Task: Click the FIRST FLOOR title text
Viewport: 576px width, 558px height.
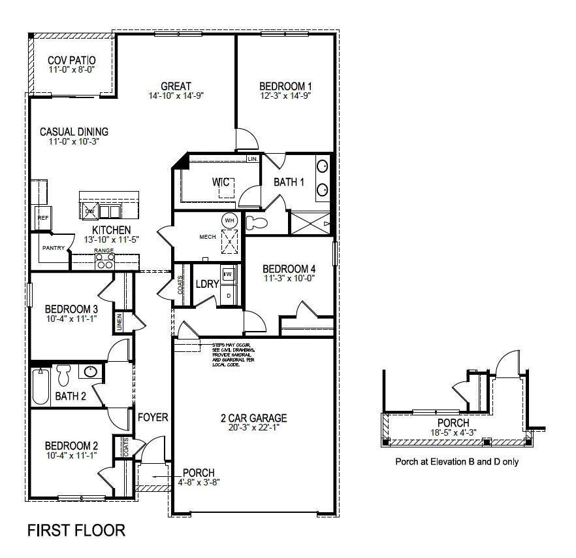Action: pos(76,530)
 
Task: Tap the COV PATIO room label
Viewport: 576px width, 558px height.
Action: pos(72,60)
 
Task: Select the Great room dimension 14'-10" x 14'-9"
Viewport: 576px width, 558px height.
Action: pos(176,96)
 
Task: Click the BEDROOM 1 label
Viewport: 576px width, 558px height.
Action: pos(285,86)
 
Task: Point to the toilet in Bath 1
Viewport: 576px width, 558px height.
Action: pos(256,222)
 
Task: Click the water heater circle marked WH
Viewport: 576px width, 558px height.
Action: pos(229,220)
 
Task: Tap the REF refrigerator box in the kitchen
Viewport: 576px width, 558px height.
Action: pos(42,218)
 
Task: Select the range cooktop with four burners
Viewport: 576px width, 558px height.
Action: pos(104,261)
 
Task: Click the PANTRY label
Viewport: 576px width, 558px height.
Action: pos(53,248)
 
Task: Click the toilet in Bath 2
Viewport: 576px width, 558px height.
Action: pos(63,375)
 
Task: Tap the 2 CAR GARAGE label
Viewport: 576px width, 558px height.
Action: pos(253,418)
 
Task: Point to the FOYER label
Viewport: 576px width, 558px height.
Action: pos(153,417)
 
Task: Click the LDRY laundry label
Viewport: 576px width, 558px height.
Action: pos(207,284)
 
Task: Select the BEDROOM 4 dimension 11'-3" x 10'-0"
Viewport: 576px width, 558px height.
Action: pos(289,278)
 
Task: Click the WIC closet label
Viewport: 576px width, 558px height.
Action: pos(219,182)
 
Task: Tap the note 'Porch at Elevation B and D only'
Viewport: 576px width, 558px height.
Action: pos(457,461)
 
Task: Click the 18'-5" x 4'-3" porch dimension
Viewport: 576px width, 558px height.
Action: pos(453,432)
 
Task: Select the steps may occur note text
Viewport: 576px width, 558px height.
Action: pos(231,354)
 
